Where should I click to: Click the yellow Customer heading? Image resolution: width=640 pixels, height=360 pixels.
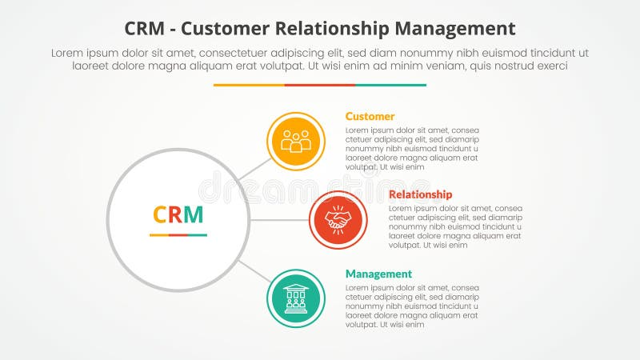370,116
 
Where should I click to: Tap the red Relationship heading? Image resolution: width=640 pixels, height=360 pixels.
420,194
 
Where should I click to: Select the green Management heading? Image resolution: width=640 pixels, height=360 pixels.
378,274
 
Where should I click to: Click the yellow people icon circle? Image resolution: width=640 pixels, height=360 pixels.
296,142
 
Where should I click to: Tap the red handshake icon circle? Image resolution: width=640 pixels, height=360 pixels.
338,219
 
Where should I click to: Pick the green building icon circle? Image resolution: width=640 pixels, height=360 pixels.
296,298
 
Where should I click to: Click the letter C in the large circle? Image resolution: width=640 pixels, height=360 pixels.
160,214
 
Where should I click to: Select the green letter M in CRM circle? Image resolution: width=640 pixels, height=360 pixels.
194,214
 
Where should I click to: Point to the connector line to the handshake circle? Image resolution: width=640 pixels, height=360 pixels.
279,219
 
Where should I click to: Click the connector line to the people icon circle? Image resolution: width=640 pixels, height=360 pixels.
254,169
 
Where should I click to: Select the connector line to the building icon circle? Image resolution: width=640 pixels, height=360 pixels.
254,270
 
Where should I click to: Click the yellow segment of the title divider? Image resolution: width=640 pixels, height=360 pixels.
249,85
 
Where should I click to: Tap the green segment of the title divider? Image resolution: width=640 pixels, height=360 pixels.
390,85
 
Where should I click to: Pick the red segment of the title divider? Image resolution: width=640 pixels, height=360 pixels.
320,85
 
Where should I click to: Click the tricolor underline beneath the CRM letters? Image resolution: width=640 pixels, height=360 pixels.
178,235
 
